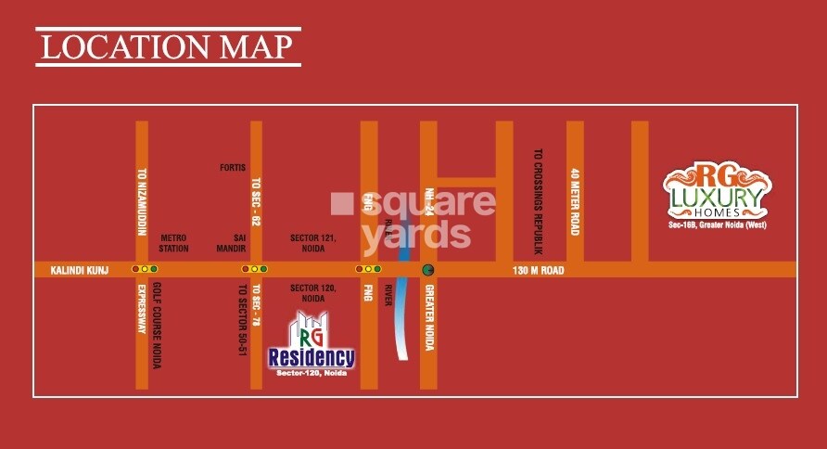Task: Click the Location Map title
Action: (x=168, y=45)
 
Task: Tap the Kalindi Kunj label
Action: (x=69, y=270)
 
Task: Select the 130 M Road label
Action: (x=539, y=271)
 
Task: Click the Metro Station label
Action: (x=174, y=243)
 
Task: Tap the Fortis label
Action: (x=232, y=168)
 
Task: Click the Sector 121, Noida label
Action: (x=312, y=243)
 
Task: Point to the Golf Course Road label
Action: (x=157, y=324)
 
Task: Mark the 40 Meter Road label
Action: (x=575, y=201)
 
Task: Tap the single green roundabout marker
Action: (x=428, y=270)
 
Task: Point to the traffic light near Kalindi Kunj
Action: (x=146, y=269)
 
